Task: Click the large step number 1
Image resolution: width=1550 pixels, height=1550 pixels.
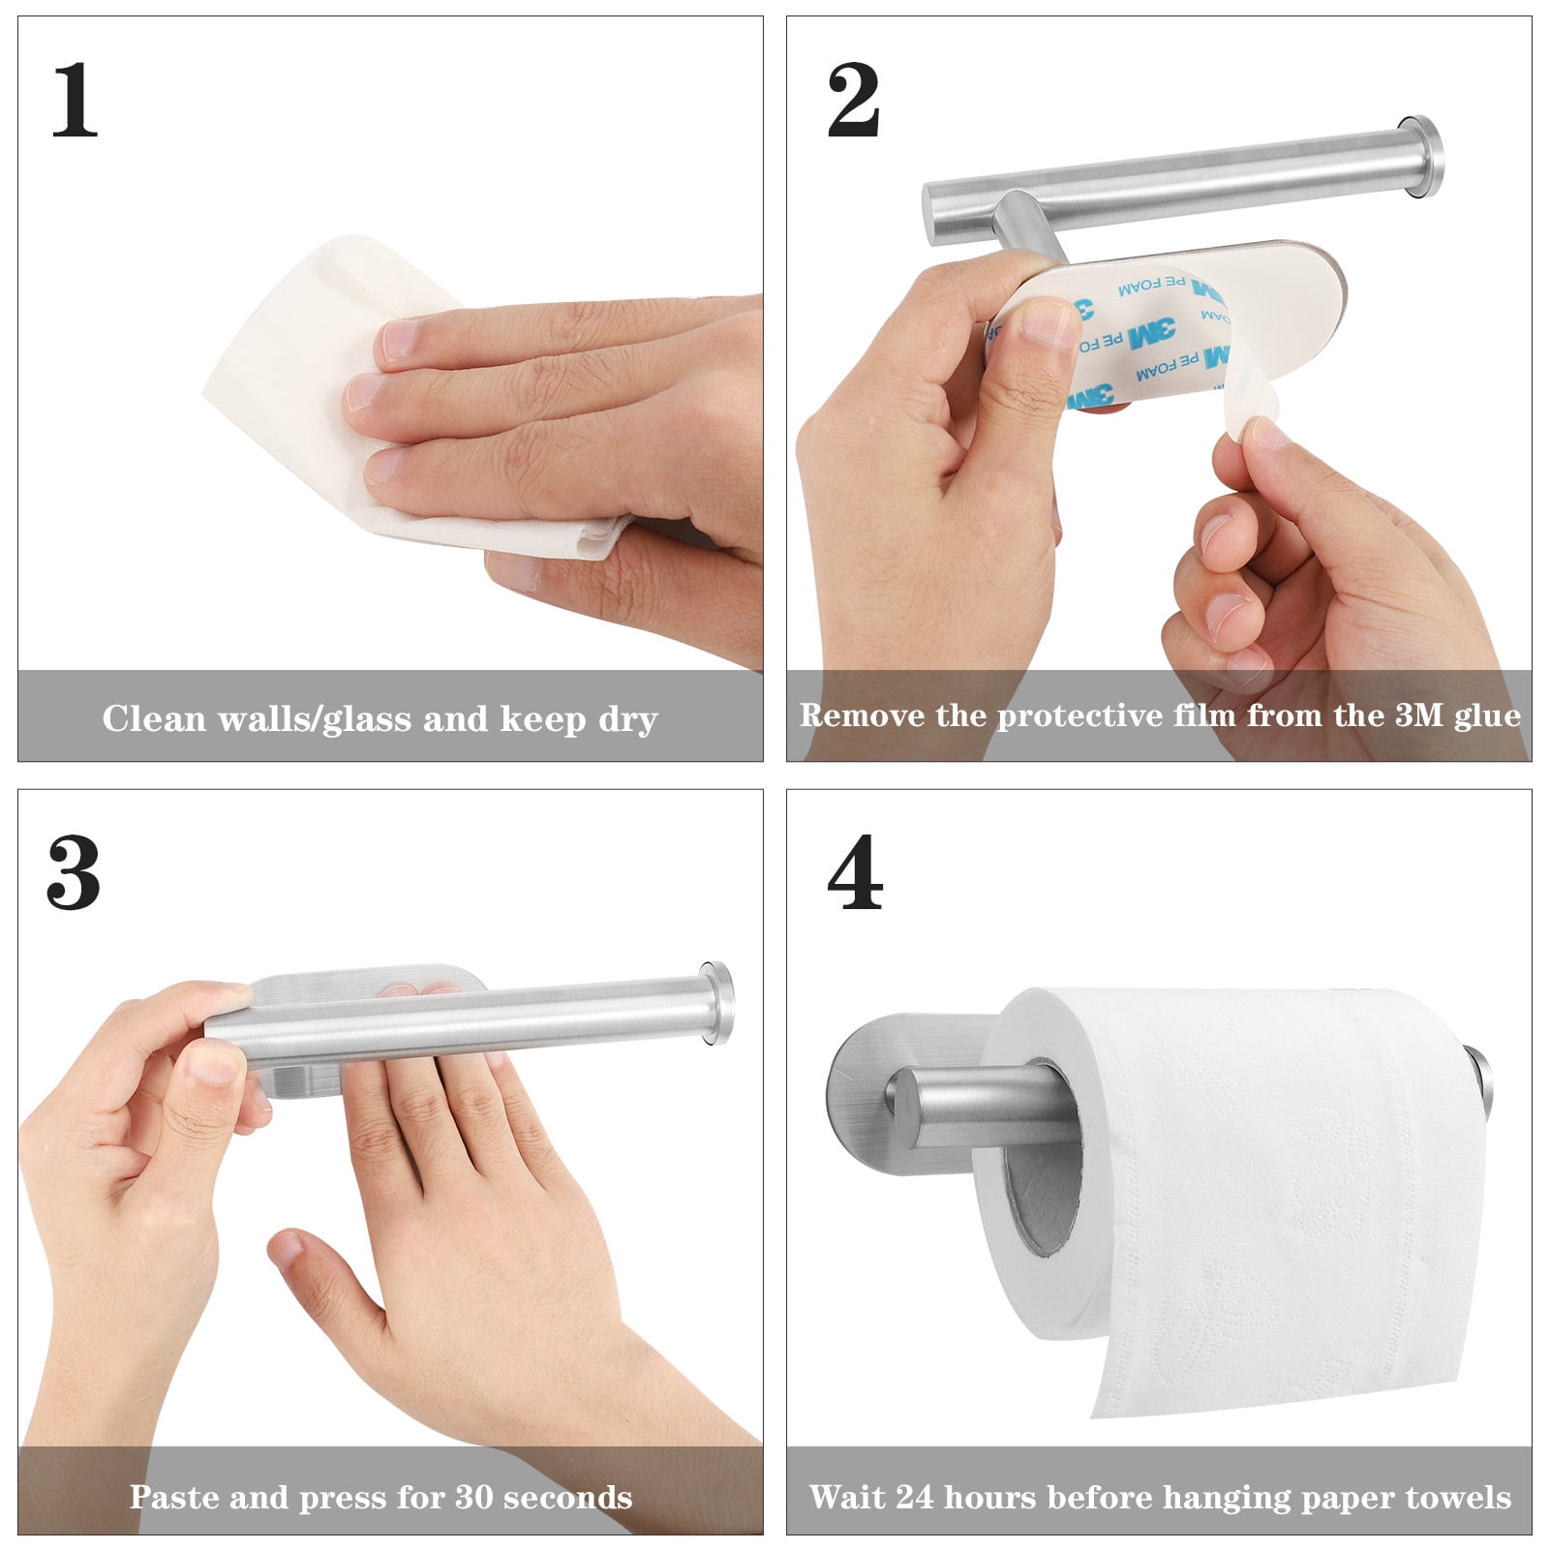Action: point(75,100)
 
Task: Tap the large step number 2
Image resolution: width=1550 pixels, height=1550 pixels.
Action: point(853,100)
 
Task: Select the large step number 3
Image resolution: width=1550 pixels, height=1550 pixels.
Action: point(74,873)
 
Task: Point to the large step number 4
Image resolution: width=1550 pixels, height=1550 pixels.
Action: point(855,873)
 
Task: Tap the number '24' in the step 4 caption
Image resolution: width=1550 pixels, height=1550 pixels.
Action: point(914,1497)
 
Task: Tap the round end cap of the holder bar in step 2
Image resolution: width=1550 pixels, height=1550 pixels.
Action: point(1421,156)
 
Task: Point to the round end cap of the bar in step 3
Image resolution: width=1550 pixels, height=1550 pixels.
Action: point(717,1003)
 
